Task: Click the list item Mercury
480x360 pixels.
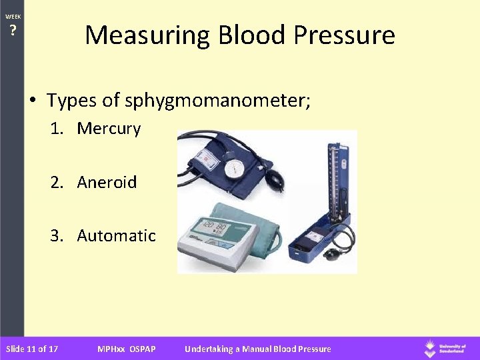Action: pyautogui.click(x=109, y=129)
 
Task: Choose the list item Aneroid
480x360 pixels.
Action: pyautogui.click(x=107, y=182)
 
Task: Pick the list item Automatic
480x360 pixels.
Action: pyautogui.click(x=116, y=235)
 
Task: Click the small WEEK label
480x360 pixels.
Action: pyautogui.click(x=13, y=16)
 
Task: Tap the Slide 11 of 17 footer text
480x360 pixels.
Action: pyautogui.click(x=31, y=349)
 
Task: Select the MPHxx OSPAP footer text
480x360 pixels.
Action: pyautogui.click(x=126, y=349)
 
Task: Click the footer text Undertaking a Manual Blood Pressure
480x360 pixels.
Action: pyautogui.click(x=257, y=349)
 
